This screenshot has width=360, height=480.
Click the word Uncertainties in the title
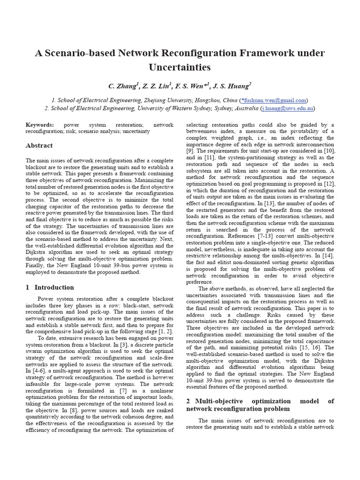click(180, 67)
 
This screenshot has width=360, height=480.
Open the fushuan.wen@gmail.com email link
click(274, 100)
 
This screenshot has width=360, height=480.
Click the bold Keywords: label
click(40, 125)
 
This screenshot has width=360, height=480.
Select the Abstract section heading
click(39, 146)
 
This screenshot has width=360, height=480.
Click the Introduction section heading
click(54, 287)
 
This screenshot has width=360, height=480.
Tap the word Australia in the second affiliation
click(244, 108)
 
